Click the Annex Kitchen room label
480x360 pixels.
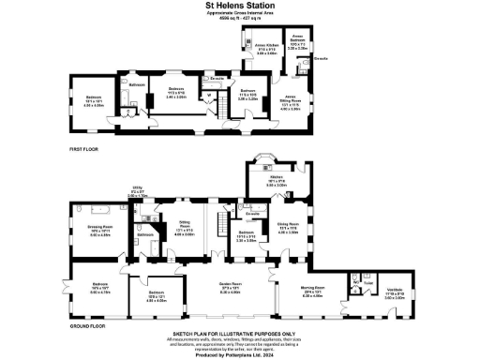point(267,47)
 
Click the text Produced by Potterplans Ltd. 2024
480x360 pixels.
point(240,354)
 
